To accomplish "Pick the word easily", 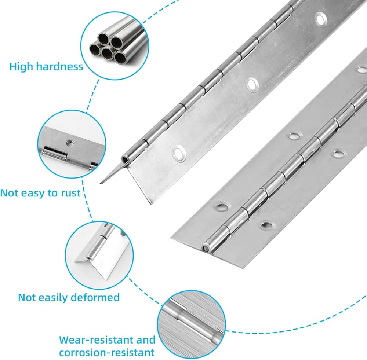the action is coord(56,297).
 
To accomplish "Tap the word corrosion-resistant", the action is coord(106,353).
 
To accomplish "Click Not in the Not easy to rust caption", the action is coord(9,193).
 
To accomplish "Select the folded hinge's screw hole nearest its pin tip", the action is coord(179,153).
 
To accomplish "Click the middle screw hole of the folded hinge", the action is coord(252,84).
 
